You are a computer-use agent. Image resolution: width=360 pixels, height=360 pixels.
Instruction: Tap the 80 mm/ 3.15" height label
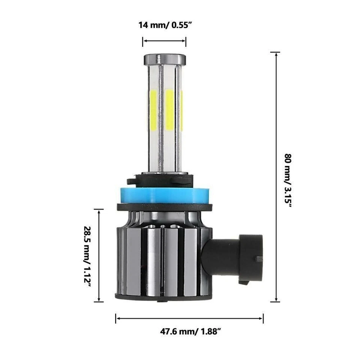(288, 177)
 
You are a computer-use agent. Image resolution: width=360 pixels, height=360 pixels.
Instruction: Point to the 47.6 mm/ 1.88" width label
(190, 331)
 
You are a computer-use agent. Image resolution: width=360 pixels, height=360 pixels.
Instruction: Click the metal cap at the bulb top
(164, 59)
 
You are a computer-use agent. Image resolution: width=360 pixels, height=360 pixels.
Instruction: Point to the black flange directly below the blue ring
(164, 207)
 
